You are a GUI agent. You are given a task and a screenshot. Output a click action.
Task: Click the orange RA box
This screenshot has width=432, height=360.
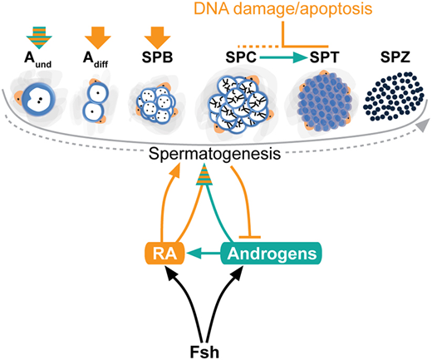164,254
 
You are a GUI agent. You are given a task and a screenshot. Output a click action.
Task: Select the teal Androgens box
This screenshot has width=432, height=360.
271,254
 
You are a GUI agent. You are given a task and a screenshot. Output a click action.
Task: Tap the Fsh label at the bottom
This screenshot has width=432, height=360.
204,352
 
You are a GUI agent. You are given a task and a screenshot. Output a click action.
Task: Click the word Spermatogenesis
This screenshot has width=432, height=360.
214,154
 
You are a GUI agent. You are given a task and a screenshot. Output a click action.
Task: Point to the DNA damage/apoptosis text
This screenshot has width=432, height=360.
283,8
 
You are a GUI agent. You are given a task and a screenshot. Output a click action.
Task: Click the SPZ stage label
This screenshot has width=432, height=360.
395,57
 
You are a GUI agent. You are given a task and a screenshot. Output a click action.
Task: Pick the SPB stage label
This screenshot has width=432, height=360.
157,57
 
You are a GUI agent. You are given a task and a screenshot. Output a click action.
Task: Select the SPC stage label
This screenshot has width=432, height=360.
241,57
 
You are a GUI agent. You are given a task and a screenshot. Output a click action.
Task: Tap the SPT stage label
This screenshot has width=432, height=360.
324,57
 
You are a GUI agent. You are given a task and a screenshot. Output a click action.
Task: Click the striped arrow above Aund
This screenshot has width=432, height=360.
39,37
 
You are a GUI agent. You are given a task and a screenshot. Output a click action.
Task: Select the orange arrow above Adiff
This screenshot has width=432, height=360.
98,37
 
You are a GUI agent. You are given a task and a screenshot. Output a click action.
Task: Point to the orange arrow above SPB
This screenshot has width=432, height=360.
157,37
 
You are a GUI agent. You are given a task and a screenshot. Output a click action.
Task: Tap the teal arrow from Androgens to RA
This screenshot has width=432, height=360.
204,253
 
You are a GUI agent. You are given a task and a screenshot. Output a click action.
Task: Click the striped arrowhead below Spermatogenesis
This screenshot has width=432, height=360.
204,175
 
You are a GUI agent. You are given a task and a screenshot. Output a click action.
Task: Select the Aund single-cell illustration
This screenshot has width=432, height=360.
39,99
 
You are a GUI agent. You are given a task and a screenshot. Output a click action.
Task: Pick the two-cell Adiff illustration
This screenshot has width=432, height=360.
96,102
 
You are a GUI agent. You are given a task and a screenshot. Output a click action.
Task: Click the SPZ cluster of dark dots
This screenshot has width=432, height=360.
394,96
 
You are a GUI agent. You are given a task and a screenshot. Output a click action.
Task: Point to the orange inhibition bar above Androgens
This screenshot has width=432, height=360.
249,237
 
